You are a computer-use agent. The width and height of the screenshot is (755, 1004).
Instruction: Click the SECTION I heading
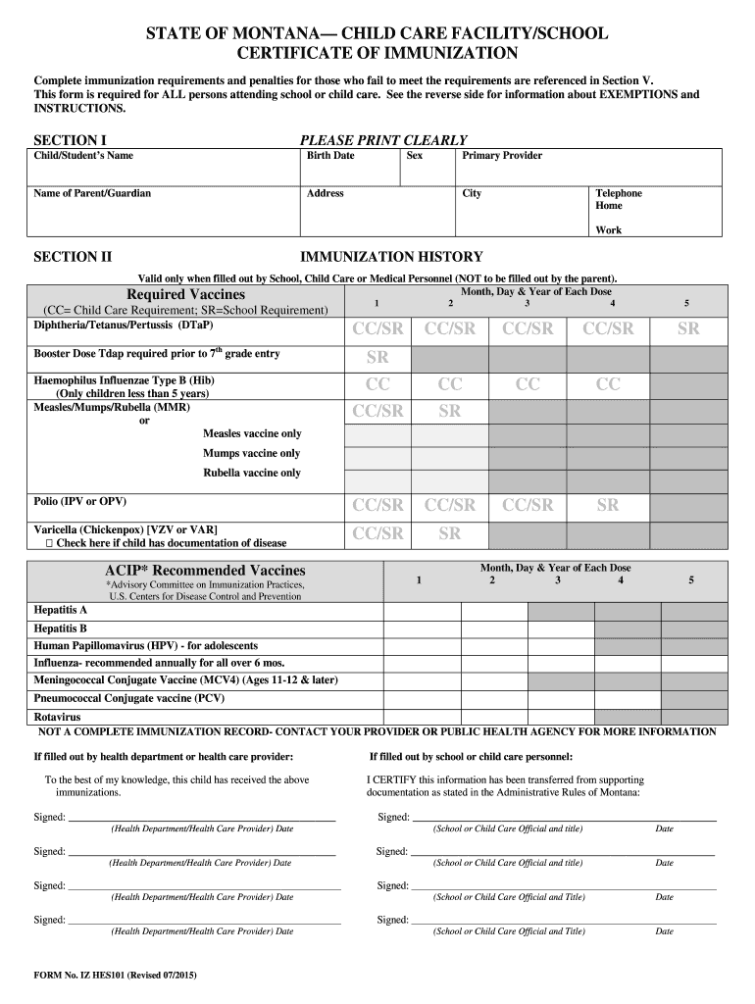point(71,140)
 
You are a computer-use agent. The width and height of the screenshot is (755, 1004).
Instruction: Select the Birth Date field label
point(330,156)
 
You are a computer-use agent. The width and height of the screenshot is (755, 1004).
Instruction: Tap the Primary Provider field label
point(502,156)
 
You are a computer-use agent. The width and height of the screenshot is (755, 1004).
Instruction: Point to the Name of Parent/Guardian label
point(92,193)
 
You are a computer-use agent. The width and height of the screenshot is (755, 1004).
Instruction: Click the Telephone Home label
point(618,200)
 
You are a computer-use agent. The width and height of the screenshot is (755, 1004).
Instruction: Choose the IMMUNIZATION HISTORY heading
point(391,257)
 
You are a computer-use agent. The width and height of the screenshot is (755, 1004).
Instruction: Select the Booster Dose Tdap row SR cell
point(377,356)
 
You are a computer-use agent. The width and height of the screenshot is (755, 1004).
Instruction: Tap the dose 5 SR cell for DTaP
point(688,329)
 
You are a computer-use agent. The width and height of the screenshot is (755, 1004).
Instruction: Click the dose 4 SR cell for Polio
point(608,505)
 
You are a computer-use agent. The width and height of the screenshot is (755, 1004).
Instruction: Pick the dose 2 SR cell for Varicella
point(449,533)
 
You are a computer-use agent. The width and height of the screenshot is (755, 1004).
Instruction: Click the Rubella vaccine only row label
point(252,473)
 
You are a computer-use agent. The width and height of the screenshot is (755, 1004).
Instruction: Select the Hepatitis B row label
point(61,628)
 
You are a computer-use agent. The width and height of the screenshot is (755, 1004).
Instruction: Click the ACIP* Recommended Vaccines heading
point(205,571)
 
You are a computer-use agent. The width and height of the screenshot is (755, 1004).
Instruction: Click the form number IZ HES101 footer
point(118,975)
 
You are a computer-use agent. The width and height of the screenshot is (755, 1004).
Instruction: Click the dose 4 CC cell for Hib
point(608,384)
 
